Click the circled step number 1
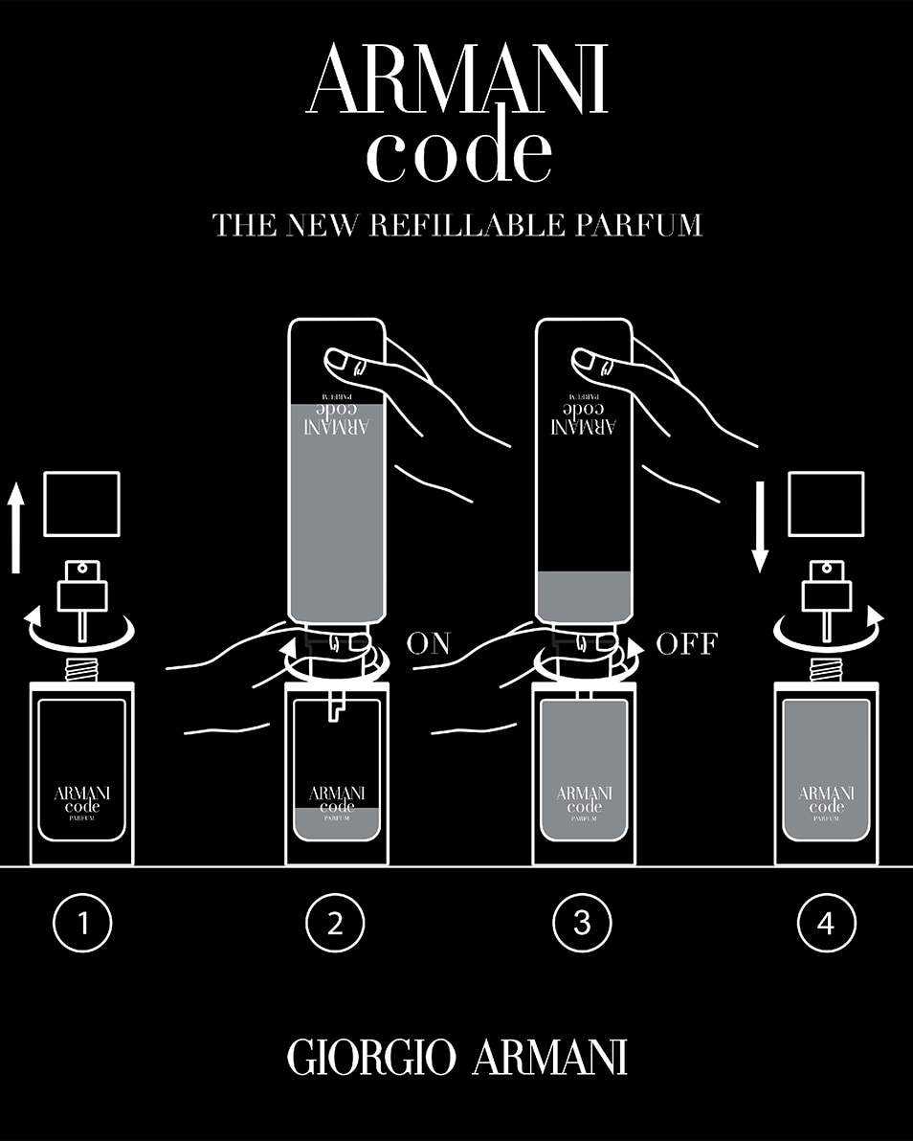click(x=82, y=923)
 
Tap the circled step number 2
click(x=335, y=923)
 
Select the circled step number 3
click(x=582, y=923)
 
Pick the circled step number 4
click(x=827, y=923)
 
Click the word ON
click(x=428, y=643)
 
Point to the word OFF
click(x=685, y=643)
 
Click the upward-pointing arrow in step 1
click(x=15, y=527)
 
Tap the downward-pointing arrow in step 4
click(x=760, y=527)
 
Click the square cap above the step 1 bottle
click(x=82, y=504)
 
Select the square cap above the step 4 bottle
click(x=826, y=504)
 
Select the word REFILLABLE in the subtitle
click(x=469, y=225)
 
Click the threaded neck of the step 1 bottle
click(x=82, y=669)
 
